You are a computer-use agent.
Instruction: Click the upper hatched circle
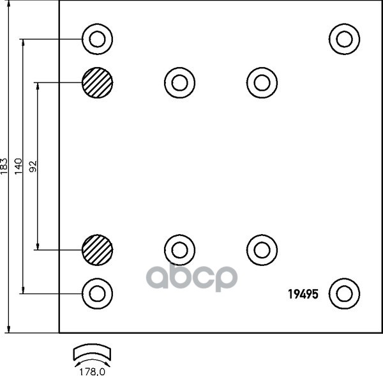[98, 82]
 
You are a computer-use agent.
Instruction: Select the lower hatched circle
[98, 249]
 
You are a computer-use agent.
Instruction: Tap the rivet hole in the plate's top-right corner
[345, 39]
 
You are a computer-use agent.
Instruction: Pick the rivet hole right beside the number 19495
[345, 294]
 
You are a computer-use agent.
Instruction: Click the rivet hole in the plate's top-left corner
[98, 40]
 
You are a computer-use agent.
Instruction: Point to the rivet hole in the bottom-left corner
[97, 294]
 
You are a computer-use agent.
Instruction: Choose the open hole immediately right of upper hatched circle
[179, 82]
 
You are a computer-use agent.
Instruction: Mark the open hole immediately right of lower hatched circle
[179, 249]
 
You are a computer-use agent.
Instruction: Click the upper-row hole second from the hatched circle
[262, 82]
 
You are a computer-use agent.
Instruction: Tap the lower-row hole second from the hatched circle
[262, 249]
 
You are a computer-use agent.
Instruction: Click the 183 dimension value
[6, 167]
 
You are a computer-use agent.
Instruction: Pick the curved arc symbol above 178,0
[92, 353]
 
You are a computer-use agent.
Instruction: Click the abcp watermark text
[192, 276]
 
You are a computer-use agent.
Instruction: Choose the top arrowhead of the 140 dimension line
[24, 42]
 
